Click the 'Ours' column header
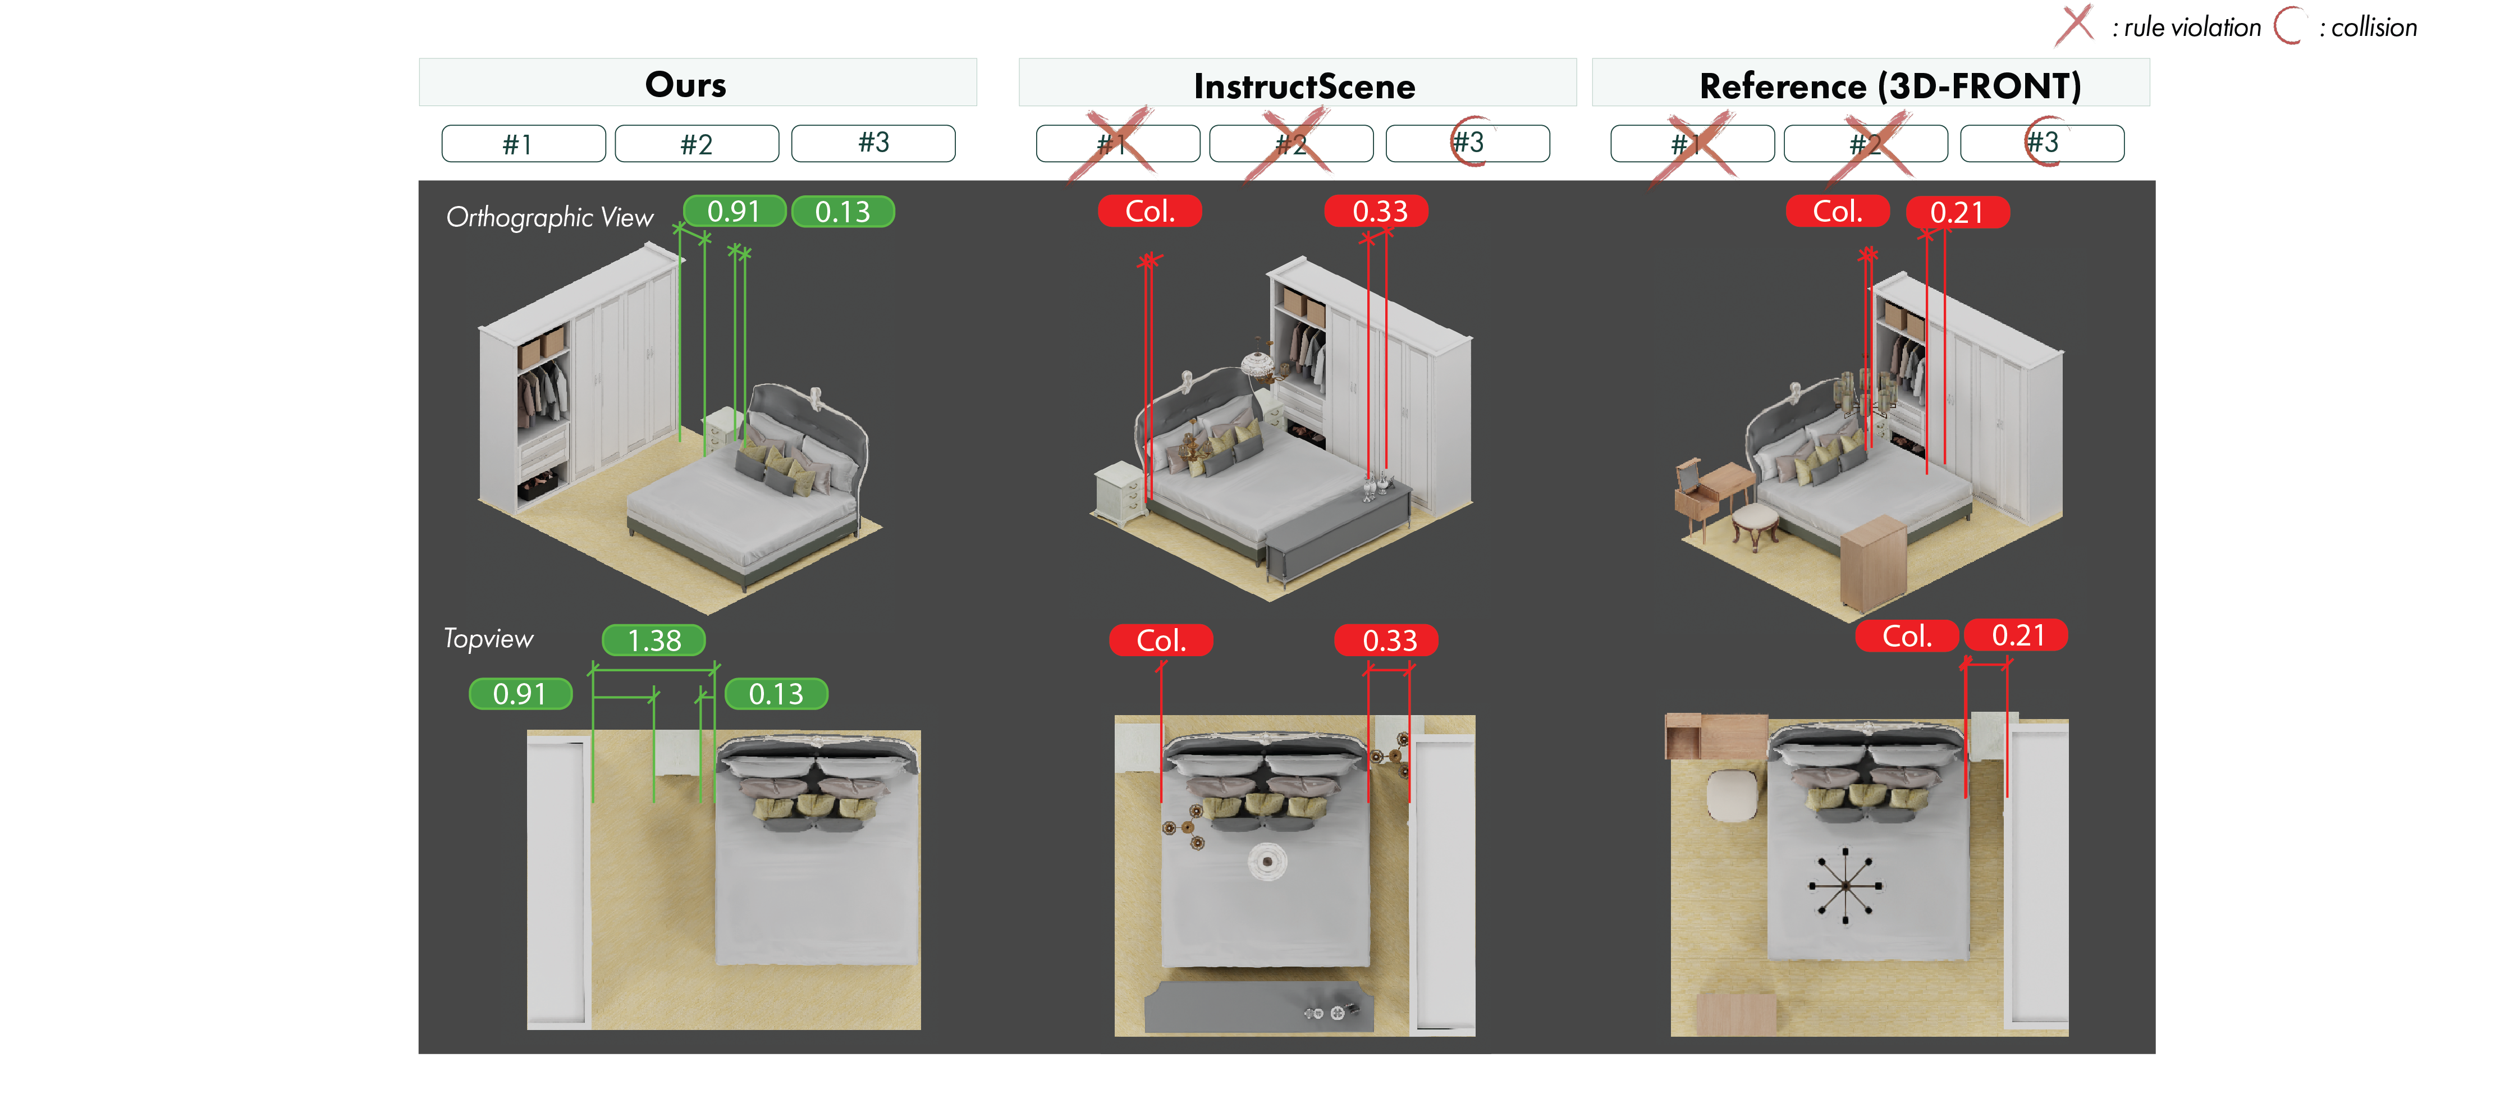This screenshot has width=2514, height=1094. click(x=686, y=84)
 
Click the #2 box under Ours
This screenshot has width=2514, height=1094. click(x=697, y=144)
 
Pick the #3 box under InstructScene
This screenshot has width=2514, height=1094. click(x=1467, y=143)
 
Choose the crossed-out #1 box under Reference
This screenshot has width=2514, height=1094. click(x=1691, y=144)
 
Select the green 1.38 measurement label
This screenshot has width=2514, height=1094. click(x=654, y=640)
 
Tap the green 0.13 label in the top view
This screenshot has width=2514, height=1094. click(x=776, y=694)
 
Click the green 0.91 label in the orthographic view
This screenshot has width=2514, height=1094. click(x=734, y=211)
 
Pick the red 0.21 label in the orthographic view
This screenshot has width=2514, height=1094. click(x=1957, y=212)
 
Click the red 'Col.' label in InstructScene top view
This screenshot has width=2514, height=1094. click(x=1161, y=640)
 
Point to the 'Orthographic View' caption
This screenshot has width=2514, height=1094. click(x=549, y=217)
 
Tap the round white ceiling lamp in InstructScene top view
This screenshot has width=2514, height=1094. click(x=1267, y=860)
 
